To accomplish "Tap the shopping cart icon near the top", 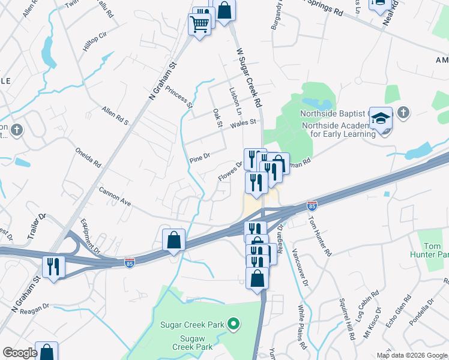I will pos(200,25).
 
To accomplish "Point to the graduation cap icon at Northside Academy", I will pos(381,119).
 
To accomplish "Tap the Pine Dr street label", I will pos(199,159).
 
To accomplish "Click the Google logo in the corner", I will pos(20,353).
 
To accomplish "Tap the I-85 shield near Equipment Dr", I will pos(130,262).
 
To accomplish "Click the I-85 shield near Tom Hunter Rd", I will pos(312,206).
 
